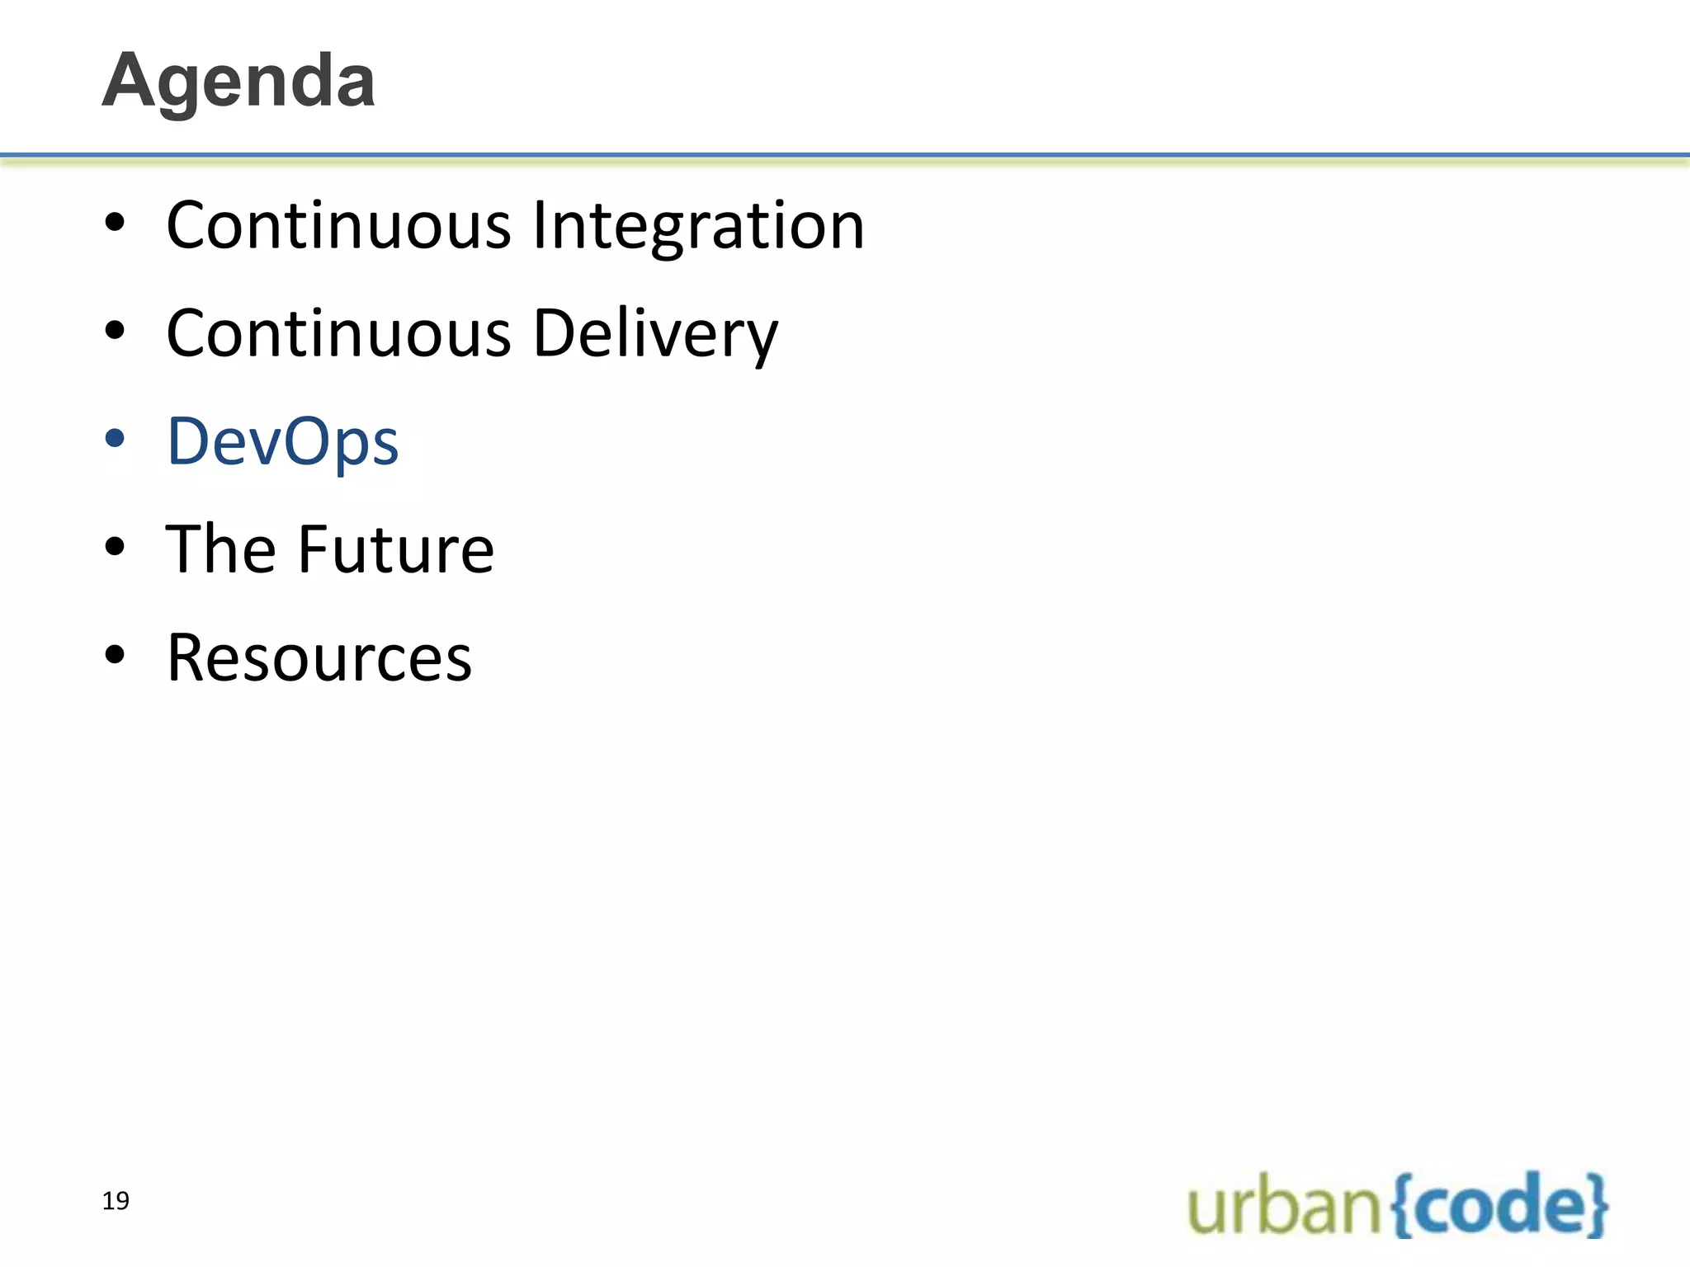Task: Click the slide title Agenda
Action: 238,81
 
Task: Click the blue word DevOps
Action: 283,442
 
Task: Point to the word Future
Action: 396,549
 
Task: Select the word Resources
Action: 319,658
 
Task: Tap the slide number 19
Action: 116,1201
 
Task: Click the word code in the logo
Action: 1499,1206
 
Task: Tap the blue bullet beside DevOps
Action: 115,439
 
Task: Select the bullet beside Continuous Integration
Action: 115,223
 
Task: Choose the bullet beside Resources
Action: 115,655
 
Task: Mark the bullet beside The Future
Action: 115,547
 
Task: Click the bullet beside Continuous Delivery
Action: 115,331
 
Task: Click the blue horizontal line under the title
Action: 845,155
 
